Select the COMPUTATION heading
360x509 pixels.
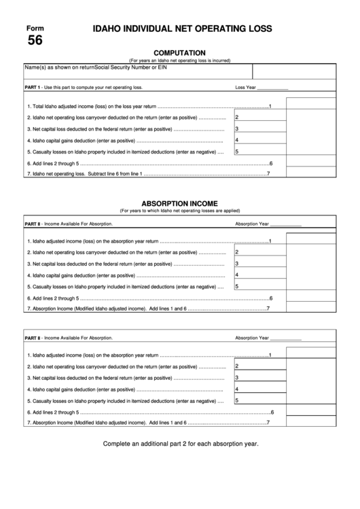click(x=180, y=52)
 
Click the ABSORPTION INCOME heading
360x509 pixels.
click(x=179, y=203)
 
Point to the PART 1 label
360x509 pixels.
click(x=33, y=88)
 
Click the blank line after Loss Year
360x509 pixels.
click(x=273, y=88)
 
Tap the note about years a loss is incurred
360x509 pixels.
click(x=179, y=60)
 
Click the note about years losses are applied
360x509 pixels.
click(x=179, y=211)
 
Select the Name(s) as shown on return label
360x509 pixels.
click(x=59, y=68)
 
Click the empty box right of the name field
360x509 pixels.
click(x=294, y=71)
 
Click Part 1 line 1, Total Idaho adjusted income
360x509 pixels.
click(x=92, y=107)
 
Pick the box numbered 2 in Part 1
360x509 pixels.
click(x=259, y=117)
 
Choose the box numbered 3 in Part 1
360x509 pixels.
click(x=259, y=128)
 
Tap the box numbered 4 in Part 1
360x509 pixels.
click(x=259, y=140)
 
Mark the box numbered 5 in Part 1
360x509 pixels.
click(x=259, y=152)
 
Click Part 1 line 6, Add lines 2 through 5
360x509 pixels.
click(x=54, y=164)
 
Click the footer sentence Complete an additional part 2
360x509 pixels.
click(x=180, y=443)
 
